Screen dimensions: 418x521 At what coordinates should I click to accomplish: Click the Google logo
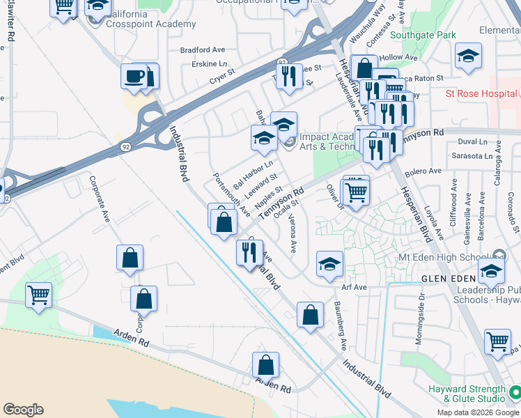pyautogui.click(x=23, y=410)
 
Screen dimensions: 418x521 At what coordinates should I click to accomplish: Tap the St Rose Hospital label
pyautogui.click(x=481, y=93)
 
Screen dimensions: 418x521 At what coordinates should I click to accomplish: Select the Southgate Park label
pyautogui.click(x=423, y=35)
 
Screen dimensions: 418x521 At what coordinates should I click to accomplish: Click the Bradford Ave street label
pyautogui.click(x=203, y=50)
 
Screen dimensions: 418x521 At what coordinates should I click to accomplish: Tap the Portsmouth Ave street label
pyautogui.click(x=231, y=192)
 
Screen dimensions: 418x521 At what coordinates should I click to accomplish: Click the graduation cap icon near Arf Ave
pyautogui.click(x=329, y=264)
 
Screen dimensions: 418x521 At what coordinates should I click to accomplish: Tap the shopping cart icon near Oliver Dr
pyautogui.click(x=357, y=190)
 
